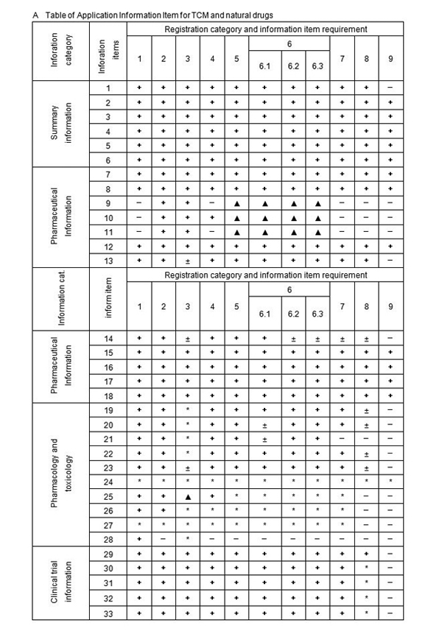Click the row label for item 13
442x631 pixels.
click(108, 261)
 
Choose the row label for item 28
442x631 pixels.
click(108, 540)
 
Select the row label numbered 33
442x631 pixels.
click(108, 612)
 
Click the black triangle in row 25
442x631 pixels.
click(188, 497)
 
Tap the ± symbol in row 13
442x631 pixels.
click(188, 261)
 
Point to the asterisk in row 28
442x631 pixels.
click(188, 540)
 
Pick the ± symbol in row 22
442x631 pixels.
click(366, 454)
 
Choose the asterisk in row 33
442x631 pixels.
click(366, 612)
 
